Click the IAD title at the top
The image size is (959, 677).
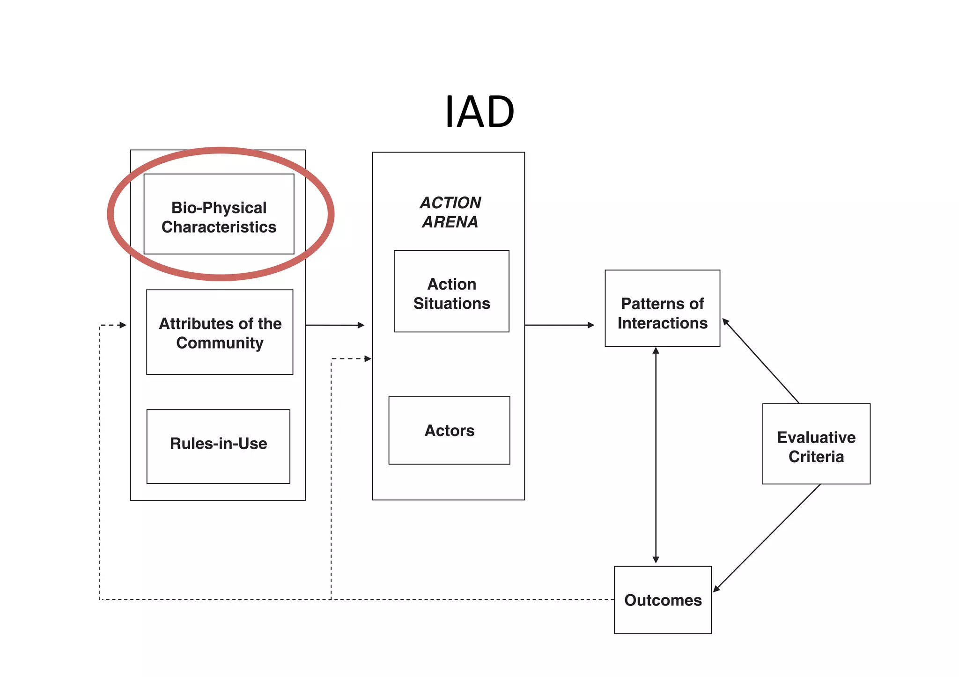coord(479,112)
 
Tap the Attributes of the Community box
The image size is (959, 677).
coord(220,332)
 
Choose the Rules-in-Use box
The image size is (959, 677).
coord(218,446)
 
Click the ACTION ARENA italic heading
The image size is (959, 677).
coord(450,212)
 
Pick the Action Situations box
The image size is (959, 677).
coord(451,291)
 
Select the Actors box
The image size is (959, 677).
coord(449,430)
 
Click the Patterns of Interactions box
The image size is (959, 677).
coord(662,308)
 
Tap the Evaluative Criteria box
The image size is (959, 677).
coord(816,444)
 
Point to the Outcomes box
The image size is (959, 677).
coord(663,600)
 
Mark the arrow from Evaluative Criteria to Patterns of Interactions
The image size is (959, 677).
coord(761,361)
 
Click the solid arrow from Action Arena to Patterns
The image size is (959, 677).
coord(559,325)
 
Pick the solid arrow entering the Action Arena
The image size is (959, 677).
coord(334,325)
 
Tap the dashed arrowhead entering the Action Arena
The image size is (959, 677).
coord(368,359)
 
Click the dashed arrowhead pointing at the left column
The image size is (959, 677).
coord(123,325)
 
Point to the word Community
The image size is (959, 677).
coord(220,343)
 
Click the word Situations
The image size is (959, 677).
coord(451,304)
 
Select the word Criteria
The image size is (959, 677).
coord(816,457)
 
